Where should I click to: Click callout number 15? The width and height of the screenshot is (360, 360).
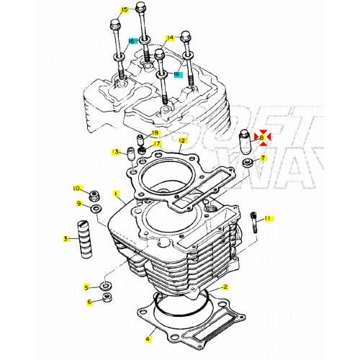[x=124, y=10]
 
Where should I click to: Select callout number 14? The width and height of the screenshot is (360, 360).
[x=170, y=37]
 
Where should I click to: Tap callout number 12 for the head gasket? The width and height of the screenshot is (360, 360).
[x=182, y=140]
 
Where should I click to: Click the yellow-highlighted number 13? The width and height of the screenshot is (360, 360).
[x=115, y=152]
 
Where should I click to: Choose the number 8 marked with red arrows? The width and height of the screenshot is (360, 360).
[x=262, y=137]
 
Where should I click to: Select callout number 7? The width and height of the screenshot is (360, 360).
[x=263, y=158]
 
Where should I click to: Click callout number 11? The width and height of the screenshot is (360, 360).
[x=268, y=217]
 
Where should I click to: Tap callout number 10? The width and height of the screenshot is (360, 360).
[x=77, y=189]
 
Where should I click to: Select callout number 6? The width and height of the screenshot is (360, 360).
[x=90, y=302]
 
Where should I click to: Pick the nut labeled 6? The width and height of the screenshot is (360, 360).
[x=107, y=299]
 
